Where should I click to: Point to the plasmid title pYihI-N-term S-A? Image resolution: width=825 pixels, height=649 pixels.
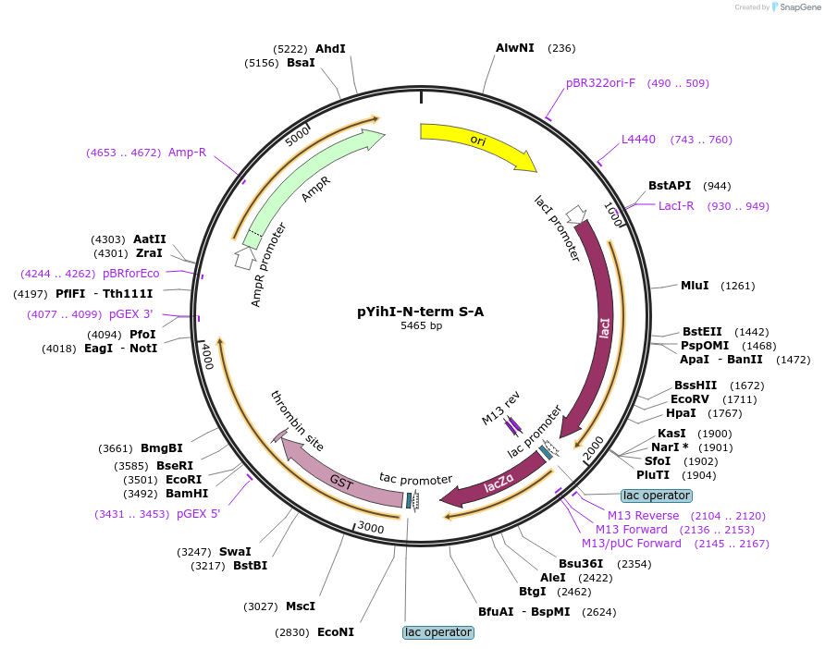point(421,312)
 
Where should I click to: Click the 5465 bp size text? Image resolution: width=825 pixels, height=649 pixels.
point(421,326)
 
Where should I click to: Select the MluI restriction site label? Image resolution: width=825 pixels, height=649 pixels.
point(695,285)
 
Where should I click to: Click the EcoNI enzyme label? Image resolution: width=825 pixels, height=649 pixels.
point(336,632)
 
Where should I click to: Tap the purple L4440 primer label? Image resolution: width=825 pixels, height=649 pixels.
point(638,140)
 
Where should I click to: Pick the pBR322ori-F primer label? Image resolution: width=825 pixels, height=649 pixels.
point(600,83)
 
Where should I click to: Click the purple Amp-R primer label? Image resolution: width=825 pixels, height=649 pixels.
point(187,153)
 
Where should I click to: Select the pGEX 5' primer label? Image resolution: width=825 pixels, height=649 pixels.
point(198,514)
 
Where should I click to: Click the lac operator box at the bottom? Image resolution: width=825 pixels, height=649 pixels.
point(438,632)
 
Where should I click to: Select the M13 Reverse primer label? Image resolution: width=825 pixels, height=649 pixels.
point(643,515)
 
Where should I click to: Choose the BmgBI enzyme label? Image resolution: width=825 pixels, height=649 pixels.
point(162,448)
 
